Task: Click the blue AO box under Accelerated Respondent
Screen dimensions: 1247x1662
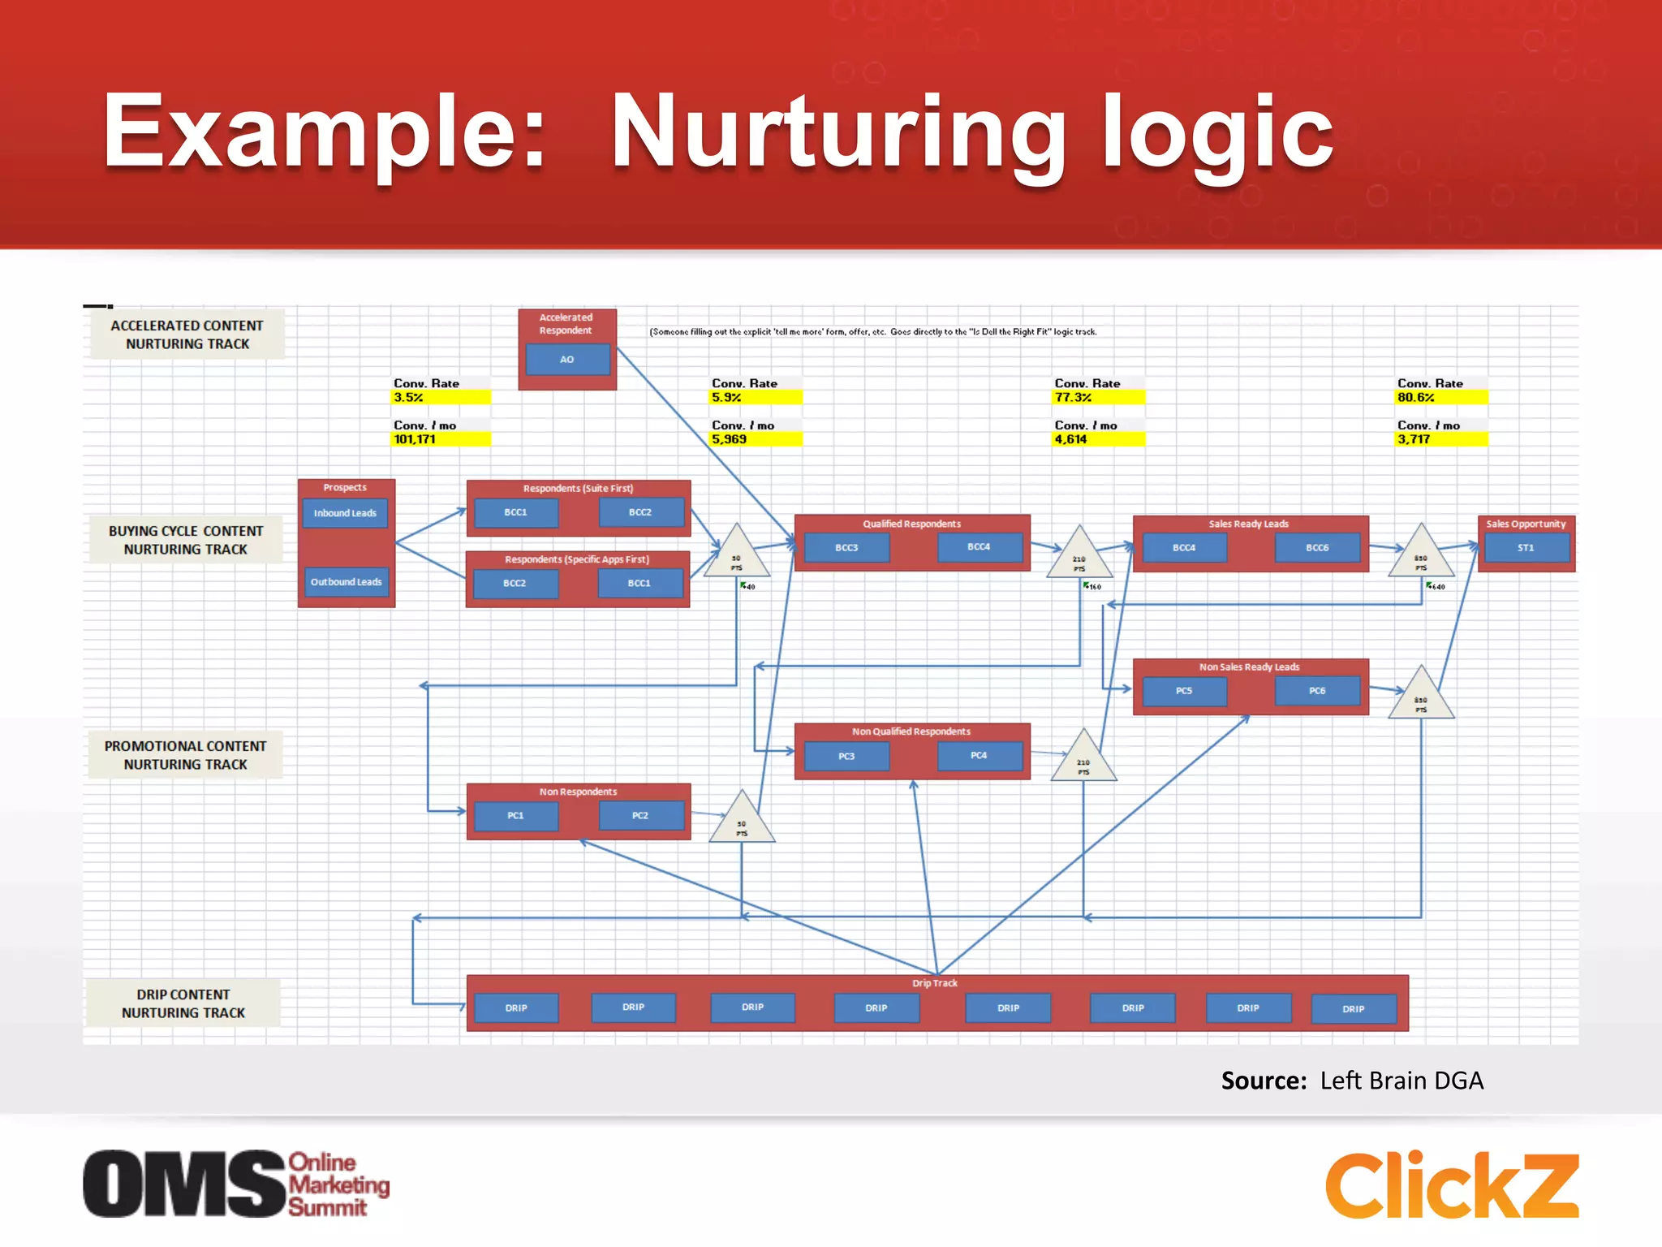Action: tap(567, 359)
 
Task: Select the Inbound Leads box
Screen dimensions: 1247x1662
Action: tap(345, 513)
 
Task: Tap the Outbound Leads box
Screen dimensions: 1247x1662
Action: tap(346, 582)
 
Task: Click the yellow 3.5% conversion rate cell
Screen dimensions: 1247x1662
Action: tap(441, 397)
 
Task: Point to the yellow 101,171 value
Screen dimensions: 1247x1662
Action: tap(441, 439)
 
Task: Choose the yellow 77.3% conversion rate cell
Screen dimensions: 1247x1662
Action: tap(1099, 397)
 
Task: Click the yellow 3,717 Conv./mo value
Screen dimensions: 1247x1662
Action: tap(1441, 439)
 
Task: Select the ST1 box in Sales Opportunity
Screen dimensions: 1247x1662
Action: tap(1526, 548)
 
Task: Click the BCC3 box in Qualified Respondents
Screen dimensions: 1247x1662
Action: tap(846, 548)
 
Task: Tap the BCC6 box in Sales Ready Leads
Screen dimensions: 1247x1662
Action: tap(1317, 548)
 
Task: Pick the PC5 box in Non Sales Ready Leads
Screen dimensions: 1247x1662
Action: tap(1184, 691)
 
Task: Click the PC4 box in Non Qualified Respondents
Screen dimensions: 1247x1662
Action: tap(979, 756)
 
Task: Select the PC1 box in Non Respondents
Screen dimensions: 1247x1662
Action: tap(515, 816)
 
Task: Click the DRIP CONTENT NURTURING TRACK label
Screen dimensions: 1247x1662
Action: tap(183, 1003)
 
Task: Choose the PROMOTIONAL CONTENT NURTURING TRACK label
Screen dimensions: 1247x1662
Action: tap(185, 755)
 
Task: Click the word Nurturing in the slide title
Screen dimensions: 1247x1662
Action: tap(837, 132)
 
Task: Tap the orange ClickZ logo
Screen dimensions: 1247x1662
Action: tap(1452, 1185)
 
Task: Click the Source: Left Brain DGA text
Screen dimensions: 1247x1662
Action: tap(1352, 1081)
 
